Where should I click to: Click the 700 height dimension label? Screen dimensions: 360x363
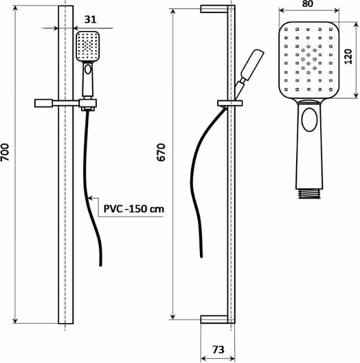[5, 153]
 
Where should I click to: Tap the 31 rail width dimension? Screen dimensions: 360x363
[90, 19]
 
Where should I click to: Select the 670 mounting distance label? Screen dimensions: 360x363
[161, 153]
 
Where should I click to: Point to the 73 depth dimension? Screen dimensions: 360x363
[218, 349]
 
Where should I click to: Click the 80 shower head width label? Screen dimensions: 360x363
[308, 4]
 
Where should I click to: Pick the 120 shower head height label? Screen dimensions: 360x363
[348, 56]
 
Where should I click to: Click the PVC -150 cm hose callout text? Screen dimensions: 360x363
[134, 209]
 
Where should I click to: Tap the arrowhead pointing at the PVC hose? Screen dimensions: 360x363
[91, 198]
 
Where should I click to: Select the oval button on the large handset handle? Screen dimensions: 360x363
[309, 120]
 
